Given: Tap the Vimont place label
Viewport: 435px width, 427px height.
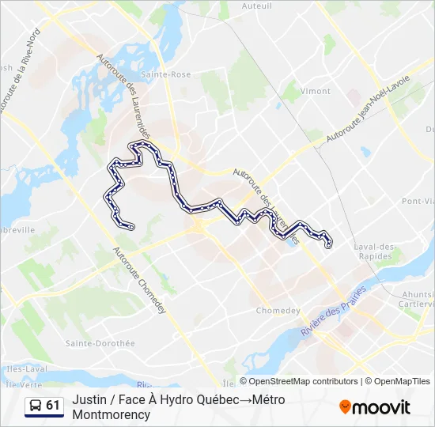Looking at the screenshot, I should [x=315, y=91].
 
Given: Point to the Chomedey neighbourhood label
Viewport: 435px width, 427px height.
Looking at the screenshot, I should [x=278, y=311].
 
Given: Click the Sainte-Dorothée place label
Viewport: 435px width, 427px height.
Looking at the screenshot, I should [x=100, y=343].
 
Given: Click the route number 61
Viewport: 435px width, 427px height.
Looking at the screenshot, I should [x=53, y=406].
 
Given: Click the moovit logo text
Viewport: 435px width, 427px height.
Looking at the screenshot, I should [x=382, y=407].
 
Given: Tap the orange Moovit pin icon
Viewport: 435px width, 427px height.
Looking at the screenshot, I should [x=345, y=407].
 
